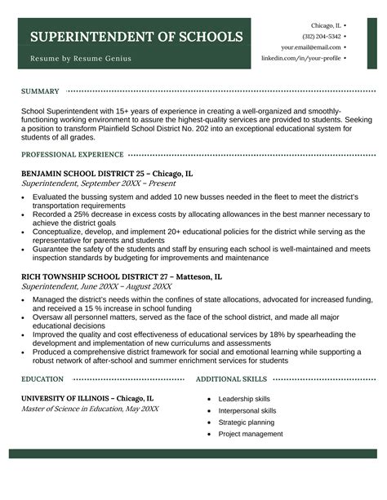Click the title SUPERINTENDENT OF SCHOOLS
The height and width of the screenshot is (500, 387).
(x=136, y=38)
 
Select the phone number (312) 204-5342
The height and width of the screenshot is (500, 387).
(x=321, y=37)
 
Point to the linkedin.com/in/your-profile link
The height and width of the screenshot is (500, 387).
(x=300, y=59)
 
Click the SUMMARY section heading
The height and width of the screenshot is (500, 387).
(x=40, y=91)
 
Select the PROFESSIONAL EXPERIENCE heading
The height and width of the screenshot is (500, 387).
(x=73, y=154)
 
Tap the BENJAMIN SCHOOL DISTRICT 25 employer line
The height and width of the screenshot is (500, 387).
(x=107, y=174)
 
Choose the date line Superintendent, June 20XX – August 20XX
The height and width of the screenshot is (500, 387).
(x=96, y=287)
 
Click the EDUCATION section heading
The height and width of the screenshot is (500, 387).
(x=43, y=379)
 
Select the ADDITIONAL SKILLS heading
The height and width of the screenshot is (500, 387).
(x=232, y=379)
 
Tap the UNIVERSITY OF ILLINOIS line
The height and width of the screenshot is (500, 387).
(x=87, y=398)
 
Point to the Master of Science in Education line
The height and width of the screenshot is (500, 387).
(x=90, y=409)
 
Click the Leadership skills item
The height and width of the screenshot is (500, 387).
(x=244, y=399)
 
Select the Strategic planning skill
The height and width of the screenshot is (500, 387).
(x=246, y=423)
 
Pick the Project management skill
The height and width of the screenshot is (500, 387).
(x=250, y=434)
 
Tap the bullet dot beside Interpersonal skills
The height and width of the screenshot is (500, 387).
(x=210, y=411)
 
